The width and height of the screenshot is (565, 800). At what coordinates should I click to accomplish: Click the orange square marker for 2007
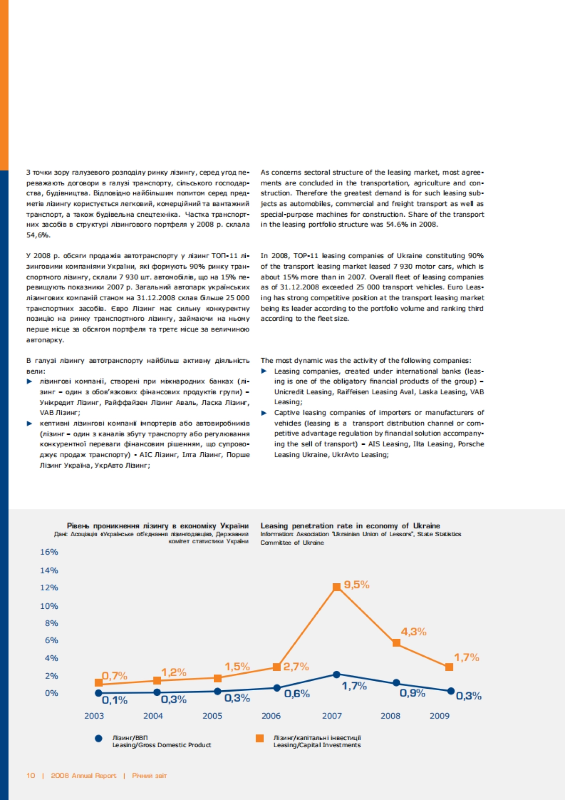(x=337, y=587)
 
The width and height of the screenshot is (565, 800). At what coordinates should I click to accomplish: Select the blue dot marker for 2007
(x=337, y=675)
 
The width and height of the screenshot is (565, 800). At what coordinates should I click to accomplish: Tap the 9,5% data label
(x=356, y=585)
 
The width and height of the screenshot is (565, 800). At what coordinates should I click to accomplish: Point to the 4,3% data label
(x=413, y=632)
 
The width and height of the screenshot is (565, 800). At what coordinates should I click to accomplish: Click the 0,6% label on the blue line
(x=297, y=694)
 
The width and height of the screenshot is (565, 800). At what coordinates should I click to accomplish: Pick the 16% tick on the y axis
(x=49, y=552)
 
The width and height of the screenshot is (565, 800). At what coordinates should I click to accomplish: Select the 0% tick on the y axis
(x=51, y=693)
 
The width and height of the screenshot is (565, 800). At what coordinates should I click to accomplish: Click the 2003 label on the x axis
(x=94, y=716)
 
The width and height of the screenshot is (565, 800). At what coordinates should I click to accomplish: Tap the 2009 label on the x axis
(x=440, y=716)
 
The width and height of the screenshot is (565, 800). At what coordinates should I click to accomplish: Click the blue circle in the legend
(x=98, y=738)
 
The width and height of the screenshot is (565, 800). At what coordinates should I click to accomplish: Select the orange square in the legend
(x=259, y=738)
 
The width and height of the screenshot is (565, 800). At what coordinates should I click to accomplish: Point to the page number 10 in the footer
(x=31, y=776)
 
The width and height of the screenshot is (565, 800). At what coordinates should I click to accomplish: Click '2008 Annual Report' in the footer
(x=83, y=776)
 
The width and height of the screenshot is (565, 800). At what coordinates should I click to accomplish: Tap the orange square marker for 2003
(x=99, y=683)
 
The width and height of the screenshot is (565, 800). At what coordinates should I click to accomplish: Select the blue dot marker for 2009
(x=451, y=691)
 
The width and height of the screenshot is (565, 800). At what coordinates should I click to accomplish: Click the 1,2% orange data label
(x=174, y=672)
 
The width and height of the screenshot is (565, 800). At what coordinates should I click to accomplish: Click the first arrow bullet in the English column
(x=264, y=371)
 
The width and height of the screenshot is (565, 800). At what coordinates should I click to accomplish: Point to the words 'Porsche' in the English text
(x=471, y=444)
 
